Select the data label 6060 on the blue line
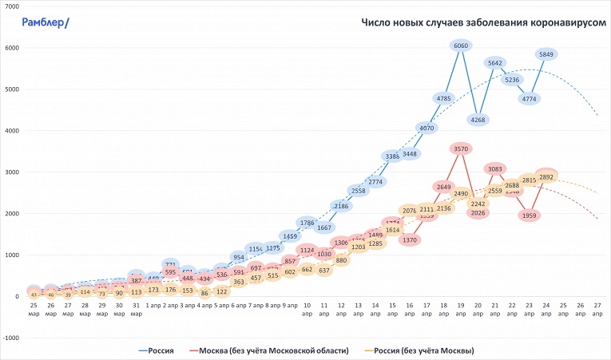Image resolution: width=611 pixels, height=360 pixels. pyautogui.click(x=461, y=46)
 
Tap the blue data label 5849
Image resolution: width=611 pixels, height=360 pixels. pyautogui.click(x=547, y=54)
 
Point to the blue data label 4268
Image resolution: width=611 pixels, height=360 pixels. pyautogui.click(x=478, y=120)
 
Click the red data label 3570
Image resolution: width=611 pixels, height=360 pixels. pyautogui.click(x=461, y=148)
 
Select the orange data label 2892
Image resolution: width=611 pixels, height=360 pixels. pyautogui.click(x=547, y=177)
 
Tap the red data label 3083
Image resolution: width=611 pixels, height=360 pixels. pyautogui.click(x=495, y=169)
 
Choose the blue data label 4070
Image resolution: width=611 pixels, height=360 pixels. pyautogui.click(x=427, y=128)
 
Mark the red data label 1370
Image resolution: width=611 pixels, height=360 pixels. pyautogui.click(x=410, y=239)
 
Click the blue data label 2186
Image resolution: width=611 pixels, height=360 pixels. pyautogui.click(x=341, y=206)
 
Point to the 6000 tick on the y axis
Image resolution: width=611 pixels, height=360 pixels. pyautogui.click(x=12, y=48)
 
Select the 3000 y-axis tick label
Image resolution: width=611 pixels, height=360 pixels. pyautogui.click(x=12, y=172)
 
